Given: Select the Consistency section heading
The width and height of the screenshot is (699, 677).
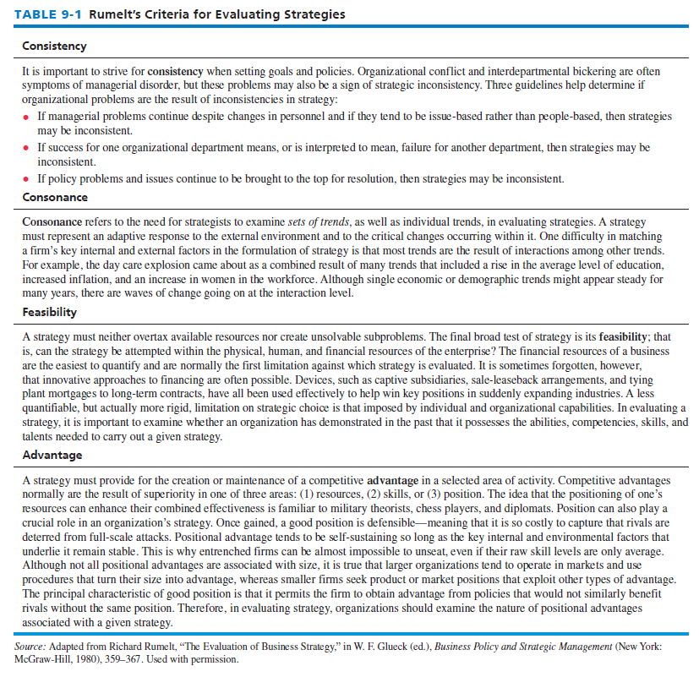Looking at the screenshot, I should pos(54,46).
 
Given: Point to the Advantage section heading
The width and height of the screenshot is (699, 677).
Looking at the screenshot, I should pos(52,455).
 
